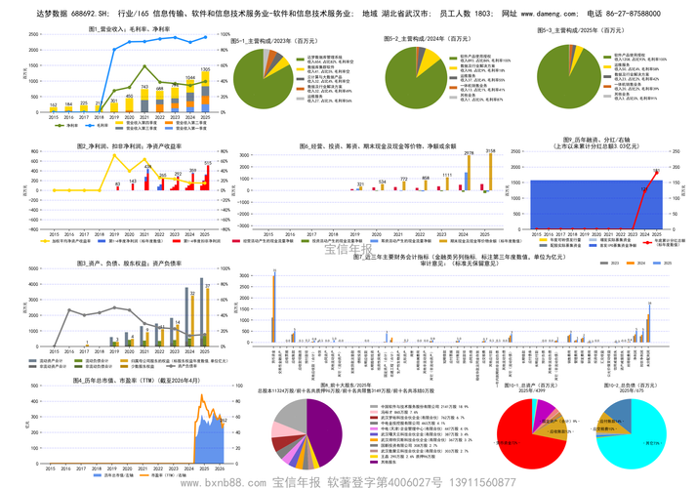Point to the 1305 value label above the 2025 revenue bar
[x=205, y=70]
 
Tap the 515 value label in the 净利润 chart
[x=207, y=163]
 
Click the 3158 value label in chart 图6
[x=490, y=151]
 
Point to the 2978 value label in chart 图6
[x=469, y=153]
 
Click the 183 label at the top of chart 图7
[x=656, y=171]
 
